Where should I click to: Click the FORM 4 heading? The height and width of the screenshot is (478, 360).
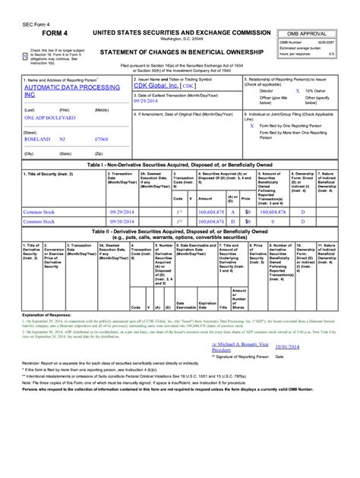point(43,35)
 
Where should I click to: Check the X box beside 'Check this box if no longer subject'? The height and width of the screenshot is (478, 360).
point(27,55)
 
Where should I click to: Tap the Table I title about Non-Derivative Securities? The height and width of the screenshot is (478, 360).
point(179,165)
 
